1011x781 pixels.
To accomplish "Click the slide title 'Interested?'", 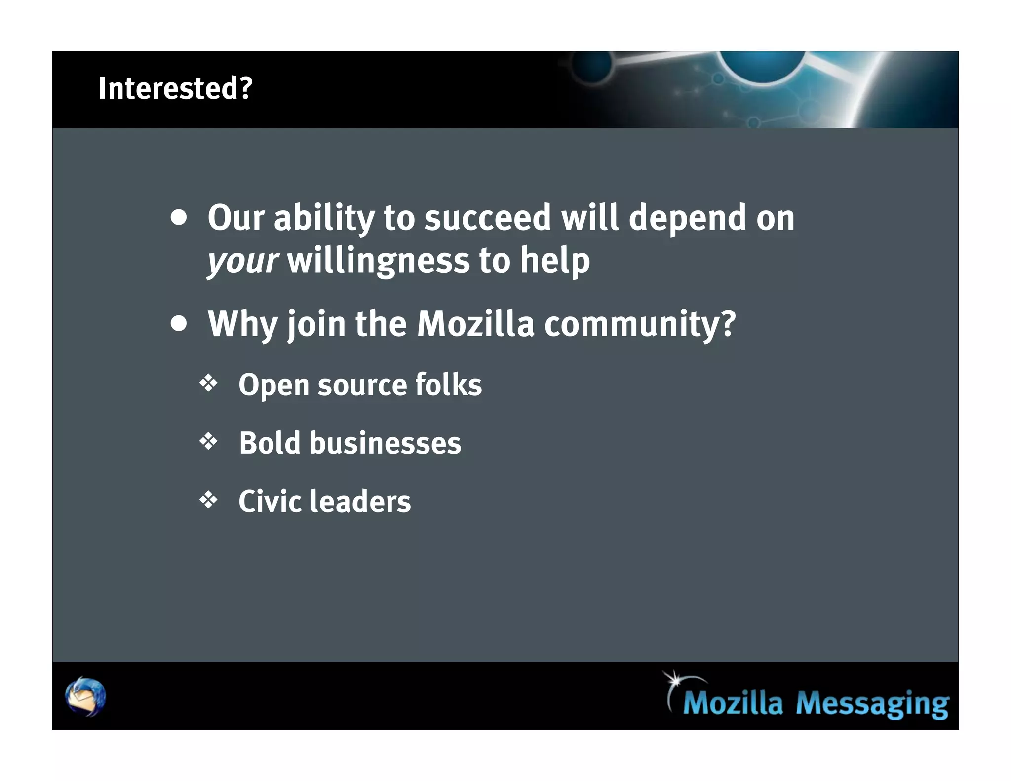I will (175, 88).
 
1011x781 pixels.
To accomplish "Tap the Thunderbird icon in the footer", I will (85, 697).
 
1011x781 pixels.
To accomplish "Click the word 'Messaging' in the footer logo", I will (872, 703).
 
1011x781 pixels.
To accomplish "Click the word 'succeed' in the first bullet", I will (487, 218).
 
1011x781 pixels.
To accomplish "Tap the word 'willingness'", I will (378, 261).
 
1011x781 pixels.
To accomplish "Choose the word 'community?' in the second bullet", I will (640, 324).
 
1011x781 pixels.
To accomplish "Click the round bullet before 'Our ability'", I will (179, 218).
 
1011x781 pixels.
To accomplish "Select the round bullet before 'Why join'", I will (179, 324).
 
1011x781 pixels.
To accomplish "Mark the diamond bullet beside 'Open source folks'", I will (208, 384).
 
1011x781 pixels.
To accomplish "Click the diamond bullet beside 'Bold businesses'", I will (208, 441).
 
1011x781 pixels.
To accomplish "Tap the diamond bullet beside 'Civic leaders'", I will (208, 500).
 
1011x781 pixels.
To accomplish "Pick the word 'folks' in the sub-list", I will (448, 385).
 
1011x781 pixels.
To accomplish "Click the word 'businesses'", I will (385, 443).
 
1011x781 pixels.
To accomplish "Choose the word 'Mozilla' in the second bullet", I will (475, 324).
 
